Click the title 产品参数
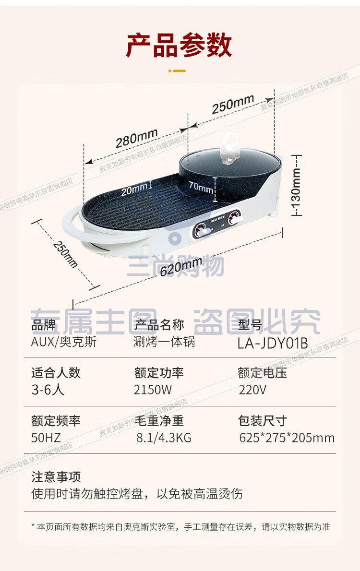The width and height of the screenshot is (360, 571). point(179,45)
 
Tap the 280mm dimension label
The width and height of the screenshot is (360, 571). point(136,138)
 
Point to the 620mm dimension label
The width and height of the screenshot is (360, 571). point(181,266)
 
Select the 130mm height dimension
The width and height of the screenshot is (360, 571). point(296,185)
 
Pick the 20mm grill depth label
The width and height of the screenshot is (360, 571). point(134,190)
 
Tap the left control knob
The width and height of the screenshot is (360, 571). point(201,231)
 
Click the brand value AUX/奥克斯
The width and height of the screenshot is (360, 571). point(64,342)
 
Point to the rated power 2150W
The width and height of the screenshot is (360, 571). point(153,390)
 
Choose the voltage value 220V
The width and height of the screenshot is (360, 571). point(252,390)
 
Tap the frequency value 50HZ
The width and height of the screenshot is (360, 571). point(46,437)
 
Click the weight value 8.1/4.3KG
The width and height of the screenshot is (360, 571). point(164,437)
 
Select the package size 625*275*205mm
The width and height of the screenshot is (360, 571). point(287,437)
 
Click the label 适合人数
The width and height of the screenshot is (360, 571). point(56,372)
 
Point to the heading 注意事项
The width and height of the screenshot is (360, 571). point(56,476)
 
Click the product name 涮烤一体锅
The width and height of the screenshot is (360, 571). point(164,342)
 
